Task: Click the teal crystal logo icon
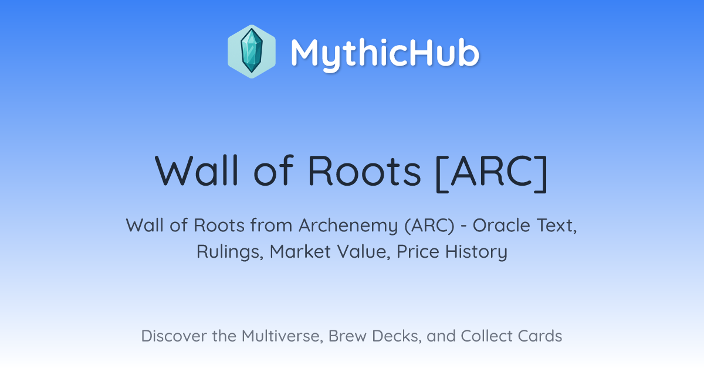(252, 52)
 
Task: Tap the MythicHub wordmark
(385, 53)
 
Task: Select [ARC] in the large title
(492, 173)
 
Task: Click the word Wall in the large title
(197, 170)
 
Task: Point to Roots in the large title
(364, 171)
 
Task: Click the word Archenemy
(348, 226)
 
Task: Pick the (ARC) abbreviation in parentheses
(429, 226)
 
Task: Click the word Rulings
(230, 252)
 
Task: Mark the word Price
(418, 252)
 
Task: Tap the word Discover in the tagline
(174, 336)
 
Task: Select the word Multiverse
(282, 336)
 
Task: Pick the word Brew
(347, 336)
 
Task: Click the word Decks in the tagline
(397, 336)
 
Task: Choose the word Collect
(486, 336)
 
